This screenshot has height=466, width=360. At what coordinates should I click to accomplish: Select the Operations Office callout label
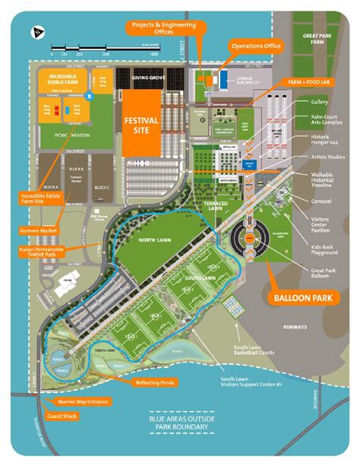click(255, 46)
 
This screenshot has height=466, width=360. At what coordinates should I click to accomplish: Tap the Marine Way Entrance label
click(77, 401)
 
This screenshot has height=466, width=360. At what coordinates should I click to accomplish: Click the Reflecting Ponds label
click(156, 382)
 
